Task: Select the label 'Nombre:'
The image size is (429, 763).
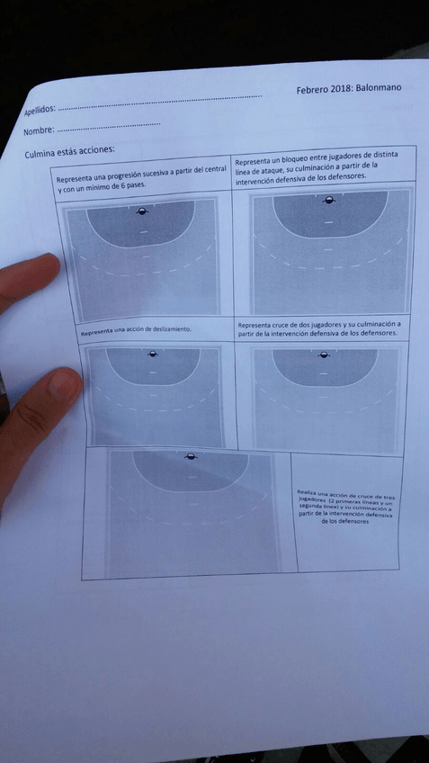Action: [40, 132]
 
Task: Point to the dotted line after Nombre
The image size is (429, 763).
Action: [108, 126]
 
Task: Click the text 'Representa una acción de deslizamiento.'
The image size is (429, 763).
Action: [136, 330]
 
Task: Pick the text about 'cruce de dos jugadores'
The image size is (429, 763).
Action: [319, 328]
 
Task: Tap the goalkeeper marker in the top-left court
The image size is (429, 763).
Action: [141, 212]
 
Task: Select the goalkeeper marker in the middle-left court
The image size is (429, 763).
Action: [151, 355]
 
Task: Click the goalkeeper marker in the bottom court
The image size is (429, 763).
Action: [190, 457]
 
